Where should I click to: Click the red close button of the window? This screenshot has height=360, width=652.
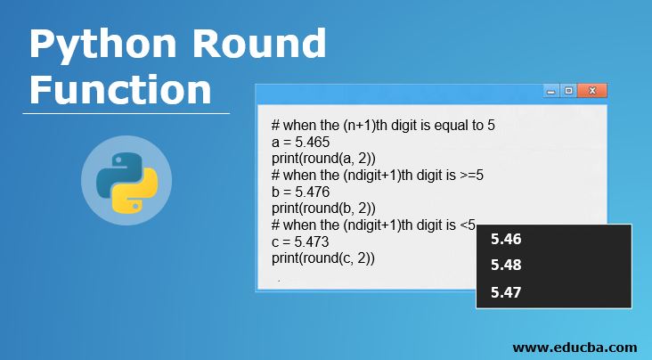tap(591, 91)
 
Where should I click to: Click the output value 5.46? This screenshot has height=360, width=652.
tap(506, 239)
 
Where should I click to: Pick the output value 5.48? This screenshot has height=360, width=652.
tap(506, 265)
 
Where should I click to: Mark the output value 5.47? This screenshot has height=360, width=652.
tap(506, 291)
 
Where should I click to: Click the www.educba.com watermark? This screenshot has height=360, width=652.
tap(575, 347)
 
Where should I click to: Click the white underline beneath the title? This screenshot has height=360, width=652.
tap(126, 113)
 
